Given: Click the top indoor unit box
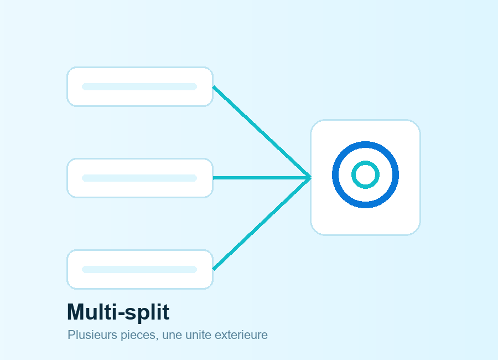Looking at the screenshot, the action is tap(140, 86).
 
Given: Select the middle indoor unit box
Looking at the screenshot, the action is tap(140, 178).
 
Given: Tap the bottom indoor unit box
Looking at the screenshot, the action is tap(140, 269).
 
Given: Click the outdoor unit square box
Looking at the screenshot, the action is tap(366, 177).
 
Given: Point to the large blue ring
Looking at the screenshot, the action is tap(335, 174).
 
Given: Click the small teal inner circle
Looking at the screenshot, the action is tap(354, 174).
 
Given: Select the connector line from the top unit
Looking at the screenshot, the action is tap(262, 132).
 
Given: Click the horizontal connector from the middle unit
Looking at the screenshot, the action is tap(262, 178).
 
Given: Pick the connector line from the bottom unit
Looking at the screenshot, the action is tap(262, 223).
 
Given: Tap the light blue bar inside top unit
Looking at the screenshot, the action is tap(139, 86).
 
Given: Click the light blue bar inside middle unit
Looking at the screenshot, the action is tap(139, 178).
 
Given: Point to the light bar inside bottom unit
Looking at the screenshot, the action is tap(139, 269).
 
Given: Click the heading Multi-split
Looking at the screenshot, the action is tap(118, 312).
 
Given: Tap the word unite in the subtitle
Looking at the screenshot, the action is tap(199, 335).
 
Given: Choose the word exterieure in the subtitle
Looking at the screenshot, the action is tap(241, 335).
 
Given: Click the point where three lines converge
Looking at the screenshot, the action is tap(310, 178).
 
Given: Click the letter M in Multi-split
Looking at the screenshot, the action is tap(75, 312).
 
